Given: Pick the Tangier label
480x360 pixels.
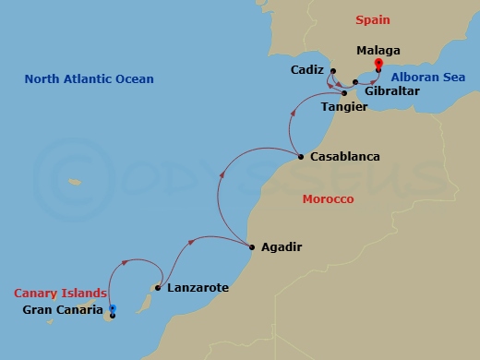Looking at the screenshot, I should coord(344,109).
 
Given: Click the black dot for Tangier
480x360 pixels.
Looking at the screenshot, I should coord(343,93).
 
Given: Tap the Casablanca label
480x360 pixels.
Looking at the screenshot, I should coord(344,157).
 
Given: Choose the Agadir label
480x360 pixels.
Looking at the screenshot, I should coord(282,246).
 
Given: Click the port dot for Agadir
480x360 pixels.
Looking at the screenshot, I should coord(252,246).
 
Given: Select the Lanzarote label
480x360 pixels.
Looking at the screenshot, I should coord(198,288).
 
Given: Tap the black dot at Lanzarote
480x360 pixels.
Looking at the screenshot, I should coord(159,288).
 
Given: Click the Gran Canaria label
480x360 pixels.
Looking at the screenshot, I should coord(62,309).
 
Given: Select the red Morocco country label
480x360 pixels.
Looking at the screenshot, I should coord(330,198).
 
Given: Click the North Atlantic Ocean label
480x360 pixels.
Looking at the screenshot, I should coord(89,78).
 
